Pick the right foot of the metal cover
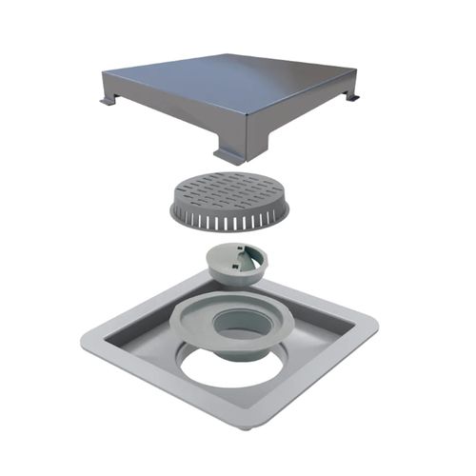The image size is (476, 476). point(352,96)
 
